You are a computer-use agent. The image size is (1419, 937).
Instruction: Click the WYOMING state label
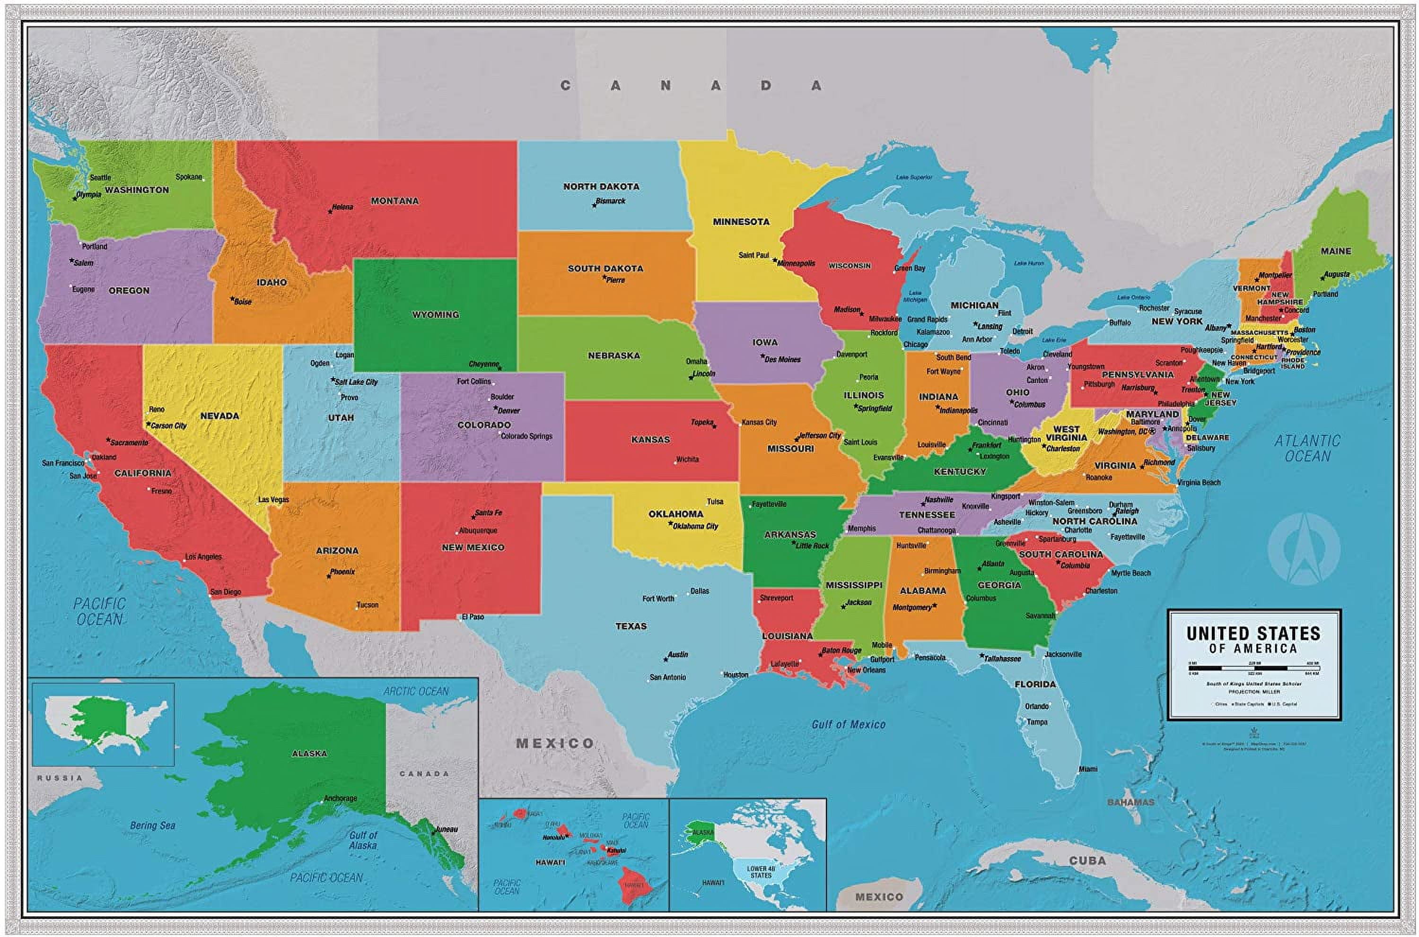pos(435,314)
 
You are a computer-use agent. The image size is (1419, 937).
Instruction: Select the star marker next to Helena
pos(330,211)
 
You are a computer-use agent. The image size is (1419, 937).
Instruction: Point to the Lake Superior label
pos(913,177)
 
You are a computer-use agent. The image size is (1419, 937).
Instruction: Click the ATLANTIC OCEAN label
pos(1307,448)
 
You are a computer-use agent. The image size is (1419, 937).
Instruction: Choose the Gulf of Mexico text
pos(848,724)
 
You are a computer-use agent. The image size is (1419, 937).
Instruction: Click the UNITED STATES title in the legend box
pos(1253,633)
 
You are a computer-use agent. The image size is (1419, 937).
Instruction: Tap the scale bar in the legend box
pos(1254,668)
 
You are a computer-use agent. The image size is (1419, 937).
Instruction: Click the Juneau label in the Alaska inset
pos(447,829)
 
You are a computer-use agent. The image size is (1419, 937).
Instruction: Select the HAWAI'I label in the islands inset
pos(550,862)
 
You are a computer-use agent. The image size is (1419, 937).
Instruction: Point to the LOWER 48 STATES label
pos(761,872)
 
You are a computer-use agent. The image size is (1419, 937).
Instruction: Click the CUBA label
pos(1087,861)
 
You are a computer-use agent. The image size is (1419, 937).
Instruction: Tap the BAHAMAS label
pos(1130,802)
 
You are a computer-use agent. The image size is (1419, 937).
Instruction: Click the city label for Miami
pos(1088,769)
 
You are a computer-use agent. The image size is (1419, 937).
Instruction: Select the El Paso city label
pos(472,616)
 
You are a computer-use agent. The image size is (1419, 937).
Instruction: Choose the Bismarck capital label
pos(610,201)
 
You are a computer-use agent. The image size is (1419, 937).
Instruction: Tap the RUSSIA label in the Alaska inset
pos(60,778)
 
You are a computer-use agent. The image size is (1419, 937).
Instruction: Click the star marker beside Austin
pos(665,659)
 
